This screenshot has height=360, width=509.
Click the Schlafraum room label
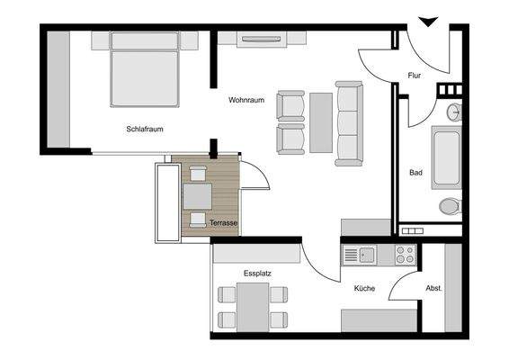pyautogui.click(x=144, y=130)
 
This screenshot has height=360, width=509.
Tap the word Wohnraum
pyautogui.click(x=246, y=100)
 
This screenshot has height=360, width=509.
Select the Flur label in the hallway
pyautogui.click(x=415, y=76)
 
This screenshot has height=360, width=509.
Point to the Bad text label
pyautogui.click(x=415, y=172)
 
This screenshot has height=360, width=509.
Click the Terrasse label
pyautogui.click(x=222, y=221)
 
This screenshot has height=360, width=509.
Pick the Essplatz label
pyautogui.click(x=257, y=273)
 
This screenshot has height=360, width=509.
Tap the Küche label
pyautogui.click(x=363, y=288)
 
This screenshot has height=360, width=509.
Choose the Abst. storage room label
pyautogui.click(x=433, y=288)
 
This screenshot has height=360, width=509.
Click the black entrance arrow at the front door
pyautogui.click(x=428, y=22)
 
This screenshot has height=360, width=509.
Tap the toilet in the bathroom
pyautogui.click(x=450, y=206)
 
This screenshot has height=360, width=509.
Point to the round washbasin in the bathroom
pyautogui.click(x=455, y=112)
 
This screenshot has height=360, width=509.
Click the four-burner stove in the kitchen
pyautogui.click(x=405, y=255)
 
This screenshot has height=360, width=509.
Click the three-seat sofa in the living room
pyautogui.click(x=349, y=123)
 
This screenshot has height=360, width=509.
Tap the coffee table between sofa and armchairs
pyautogui.click(x=321, y=121)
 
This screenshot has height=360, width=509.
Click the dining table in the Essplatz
pyautogui.click(x=253, y=307)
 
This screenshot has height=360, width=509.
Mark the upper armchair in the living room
pyautogui.click(x=290, y=104)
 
